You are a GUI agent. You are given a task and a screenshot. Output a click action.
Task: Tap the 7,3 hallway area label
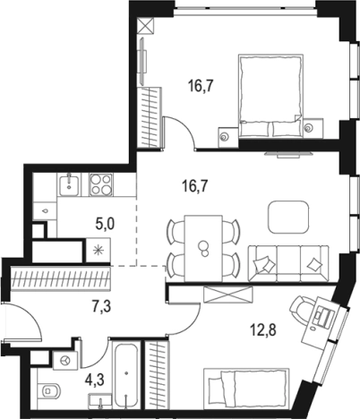101,306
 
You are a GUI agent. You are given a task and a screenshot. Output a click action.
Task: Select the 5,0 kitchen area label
105,224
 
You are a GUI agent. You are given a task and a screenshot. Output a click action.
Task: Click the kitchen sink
70,185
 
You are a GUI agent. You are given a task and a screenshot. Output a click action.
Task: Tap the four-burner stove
101,185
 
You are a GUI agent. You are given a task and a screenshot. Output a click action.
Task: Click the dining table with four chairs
203,248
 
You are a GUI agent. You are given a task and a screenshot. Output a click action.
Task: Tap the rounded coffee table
288,217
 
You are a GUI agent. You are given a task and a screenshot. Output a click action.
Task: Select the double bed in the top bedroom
270,96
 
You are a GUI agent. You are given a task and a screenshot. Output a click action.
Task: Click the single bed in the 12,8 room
246,389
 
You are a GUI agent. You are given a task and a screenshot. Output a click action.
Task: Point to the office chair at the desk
302,309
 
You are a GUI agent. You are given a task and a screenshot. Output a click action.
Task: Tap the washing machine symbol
65,360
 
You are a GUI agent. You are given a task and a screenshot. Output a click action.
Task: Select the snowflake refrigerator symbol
99,250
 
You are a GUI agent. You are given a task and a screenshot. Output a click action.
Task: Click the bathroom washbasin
100,400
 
